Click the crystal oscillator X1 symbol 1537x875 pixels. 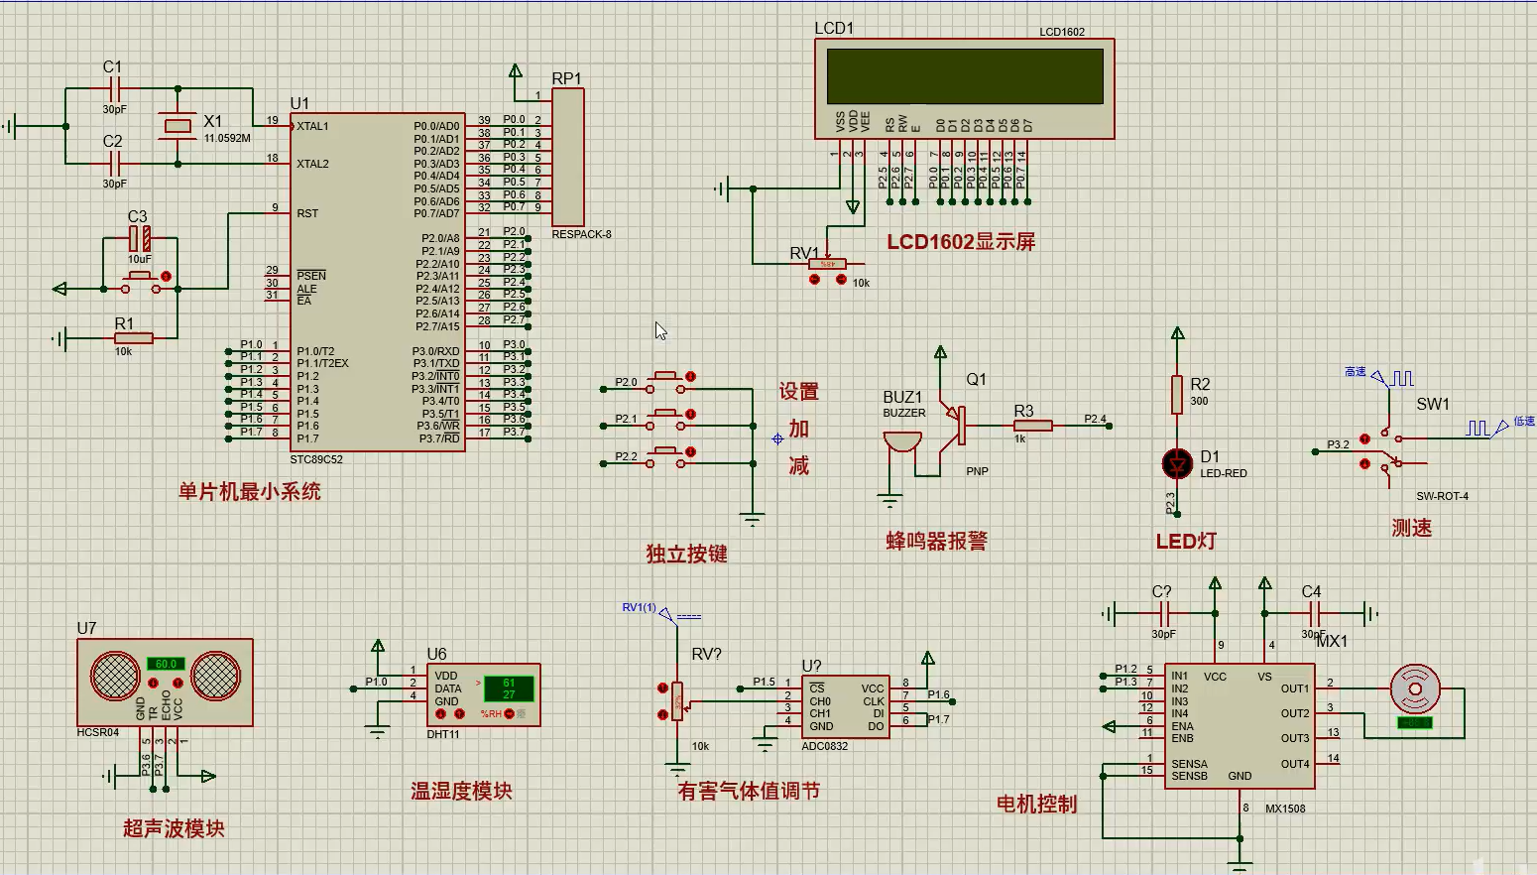[177, 125]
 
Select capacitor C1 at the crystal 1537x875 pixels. [114, 88]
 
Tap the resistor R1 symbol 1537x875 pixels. [132, 338]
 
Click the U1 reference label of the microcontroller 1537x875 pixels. [299, 103]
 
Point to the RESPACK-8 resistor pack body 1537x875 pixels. [568, 157]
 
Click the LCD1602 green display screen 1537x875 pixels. [964, 75]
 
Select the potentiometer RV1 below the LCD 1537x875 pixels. [827, 264]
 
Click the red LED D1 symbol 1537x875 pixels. [1177, 463]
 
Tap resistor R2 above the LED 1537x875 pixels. [1177, 394]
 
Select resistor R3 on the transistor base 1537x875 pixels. [1032, 426]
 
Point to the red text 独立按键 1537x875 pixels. [686, 554]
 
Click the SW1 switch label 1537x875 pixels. [1432, 404]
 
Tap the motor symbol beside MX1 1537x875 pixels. [1414, 687]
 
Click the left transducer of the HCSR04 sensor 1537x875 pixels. [116, 677]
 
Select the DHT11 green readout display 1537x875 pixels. [509, 688]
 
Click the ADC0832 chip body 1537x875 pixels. [845, 706]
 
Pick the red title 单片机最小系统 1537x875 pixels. [249, 491]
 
